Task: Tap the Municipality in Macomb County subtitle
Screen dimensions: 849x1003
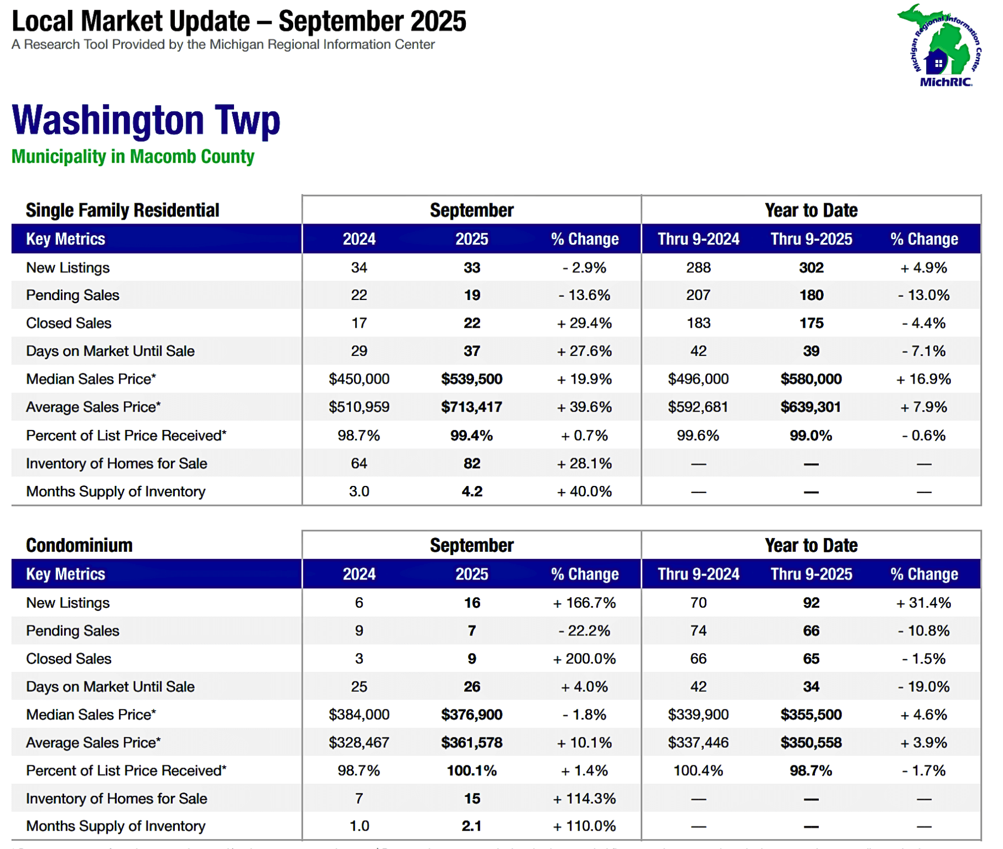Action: point(133,157)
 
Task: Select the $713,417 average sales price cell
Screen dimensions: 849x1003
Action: point(471,407)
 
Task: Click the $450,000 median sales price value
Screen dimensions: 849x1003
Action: point(359,379)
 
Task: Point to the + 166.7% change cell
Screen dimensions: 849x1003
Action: point(584,603)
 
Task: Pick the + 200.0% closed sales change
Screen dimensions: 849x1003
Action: point(584,659)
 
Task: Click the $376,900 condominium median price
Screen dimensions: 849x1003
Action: point(471,715)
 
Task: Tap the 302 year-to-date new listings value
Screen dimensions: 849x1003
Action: point(811,268)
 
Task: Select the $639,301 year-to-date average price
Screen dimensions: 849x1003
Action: point(811,407)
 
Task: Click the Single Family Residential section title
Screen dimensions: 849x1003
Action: point(122,210)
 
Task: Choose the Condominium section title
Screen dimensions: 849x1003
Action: point(79,545)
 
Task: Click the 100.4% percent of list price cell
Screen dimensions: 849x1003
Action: point(698,770)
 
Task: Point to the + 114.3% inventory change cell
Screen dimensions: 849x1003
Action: point(584,799)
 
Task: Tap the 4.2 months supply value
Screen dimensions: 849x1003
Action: point(471,491)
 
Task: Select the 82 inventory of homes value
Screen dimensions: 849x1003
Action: point(471,464)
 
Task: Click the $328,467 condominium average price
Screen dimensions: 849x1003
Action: point(359,743)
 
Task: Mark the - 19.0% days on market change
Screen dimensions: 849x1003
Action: point(923,687)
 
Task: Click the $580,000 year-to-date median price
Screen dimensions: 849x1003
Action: point(811,379)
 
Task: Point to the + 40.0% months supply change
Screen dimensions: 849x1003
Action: point(584,491)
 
